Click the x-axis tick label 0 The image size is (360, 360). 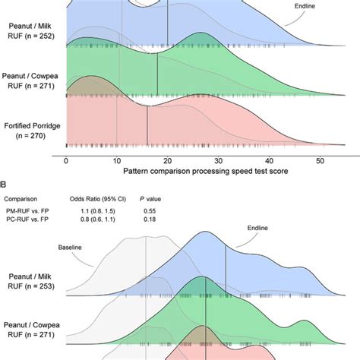[67, 162]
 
